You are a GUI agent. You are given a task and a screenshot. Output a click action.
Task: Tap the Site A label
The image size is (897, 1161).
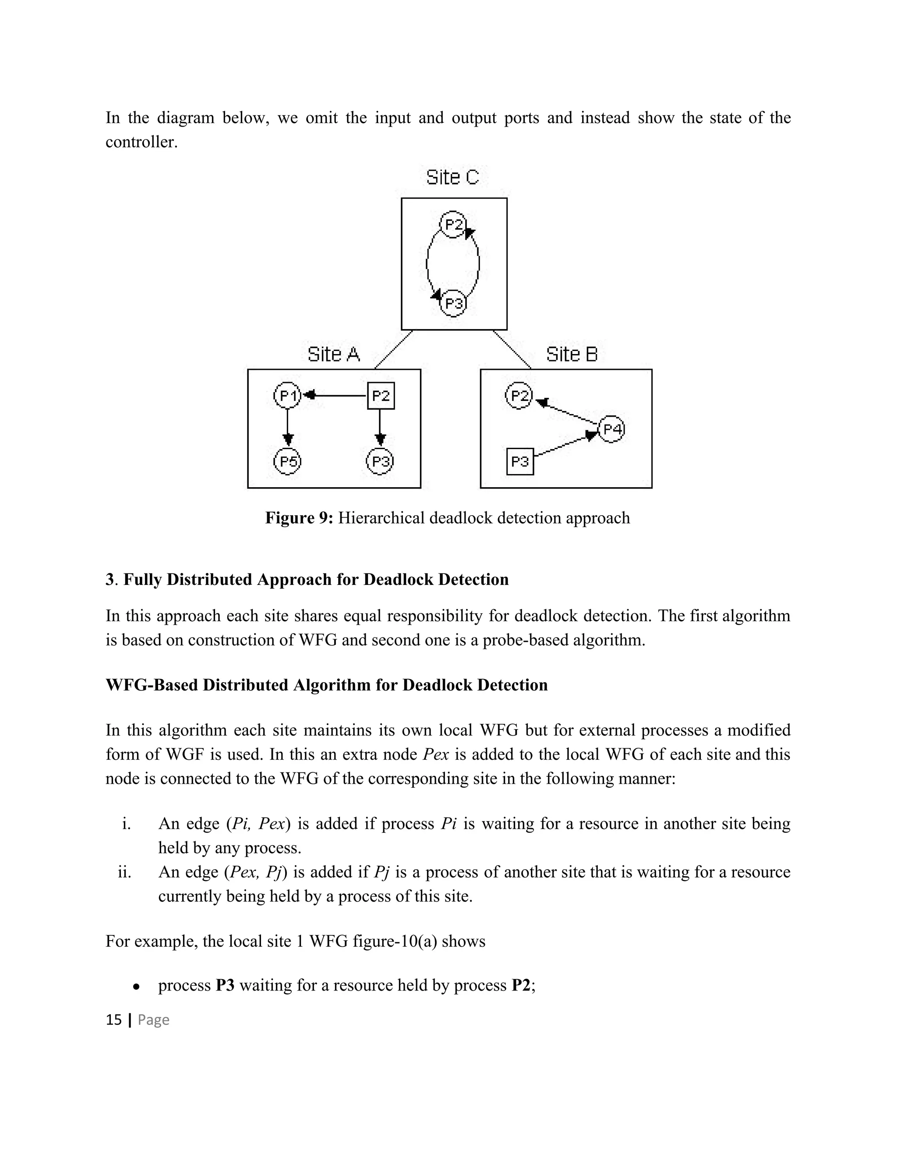click(334, 354)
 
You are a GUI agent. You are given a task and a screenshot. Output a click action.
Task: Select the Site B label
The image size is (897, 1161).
click(571, 354)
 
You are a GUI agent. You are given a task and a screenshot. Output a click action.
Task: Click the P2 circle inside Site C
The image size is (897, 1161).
click(453, 225)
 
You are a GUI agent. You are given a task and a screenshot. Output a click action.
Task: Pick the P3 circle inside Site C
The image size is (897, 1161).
click(453, 304)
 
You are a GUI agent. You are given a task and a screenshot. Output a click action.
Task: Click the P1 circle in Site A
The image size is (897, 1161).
click(287, 396)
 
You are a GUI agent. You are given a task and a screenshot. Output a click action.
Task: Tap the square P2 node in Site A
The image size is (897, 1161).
click(381, 396)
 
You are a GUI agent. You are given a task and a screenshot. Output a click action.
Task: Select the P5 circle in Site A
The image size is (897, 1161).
click(287, 461)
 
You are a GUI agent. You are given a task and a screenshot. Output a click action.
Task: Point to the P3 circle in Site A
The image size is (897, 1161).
click(380, 461)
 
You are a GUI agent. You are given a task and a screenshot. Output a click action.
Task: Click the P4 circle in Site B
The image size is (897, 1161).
click(611, 429)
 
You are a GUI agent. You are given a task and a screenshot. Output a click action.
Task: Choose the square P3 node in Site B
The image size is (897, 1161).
click(520, 461)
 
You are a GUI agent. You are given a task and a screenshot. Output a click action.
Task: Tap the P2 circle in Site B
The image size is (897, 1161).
click(519, 396)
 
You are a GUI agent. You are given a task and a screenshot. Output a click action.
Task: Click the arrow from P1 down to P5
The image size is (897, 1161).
click(287, 425)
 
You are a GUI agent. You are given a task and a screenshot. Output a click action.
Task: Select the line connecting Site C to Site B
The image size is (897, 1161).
click(511, 349)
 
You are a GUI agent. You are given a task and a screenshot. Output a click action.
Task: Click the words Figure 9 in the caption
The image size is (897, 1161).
click(299, 518)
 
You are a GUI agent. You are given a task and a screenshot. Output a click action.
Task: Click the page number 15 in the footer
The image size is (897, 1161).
click(114, 1019)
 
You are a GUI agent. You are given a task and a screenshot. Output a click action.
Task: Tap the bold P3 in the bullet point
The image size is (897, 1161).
click(225, 985)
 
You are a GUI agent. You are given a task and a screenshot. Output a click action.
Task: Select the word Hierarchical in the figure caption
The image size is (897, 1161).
click(381, 518)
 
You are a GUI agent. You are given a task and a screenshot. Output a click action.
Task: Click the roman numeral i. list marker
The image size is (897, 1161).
click(126, 824)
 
